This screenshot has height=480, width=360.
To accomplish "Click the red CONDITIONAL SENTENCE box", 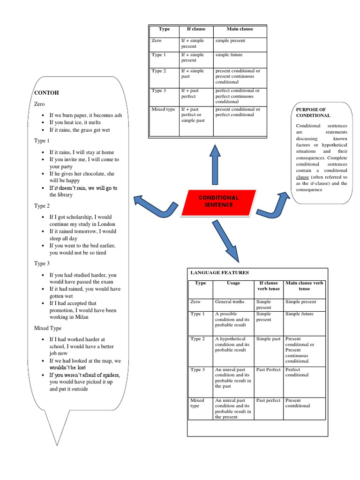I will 218,201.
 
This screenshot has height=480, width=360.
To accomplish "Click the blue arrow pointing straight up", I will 215,164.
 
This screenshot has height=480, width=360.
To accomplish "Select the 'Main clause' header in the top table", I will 240,29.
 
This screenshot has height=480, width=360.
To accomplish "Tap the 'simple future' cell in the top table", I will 229,55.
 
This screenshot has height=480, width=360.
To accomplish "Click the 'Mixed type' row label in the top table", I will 164,109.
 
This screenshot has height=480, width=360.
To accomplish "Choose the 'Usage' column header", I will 233,283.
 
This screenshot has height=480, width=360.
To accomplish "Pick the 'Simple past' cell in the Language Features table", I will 269,338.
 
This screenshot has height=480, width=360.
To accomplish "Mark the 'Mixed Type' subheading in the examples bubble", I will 48,328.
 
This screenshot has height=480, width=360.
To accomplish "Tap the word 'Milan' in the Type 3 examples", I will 82,317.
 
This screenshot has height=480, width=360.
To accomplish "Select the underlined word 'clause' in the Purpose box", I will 302,177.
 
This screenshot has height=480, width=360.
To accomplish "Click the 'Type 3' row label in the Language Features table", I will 197,370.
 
